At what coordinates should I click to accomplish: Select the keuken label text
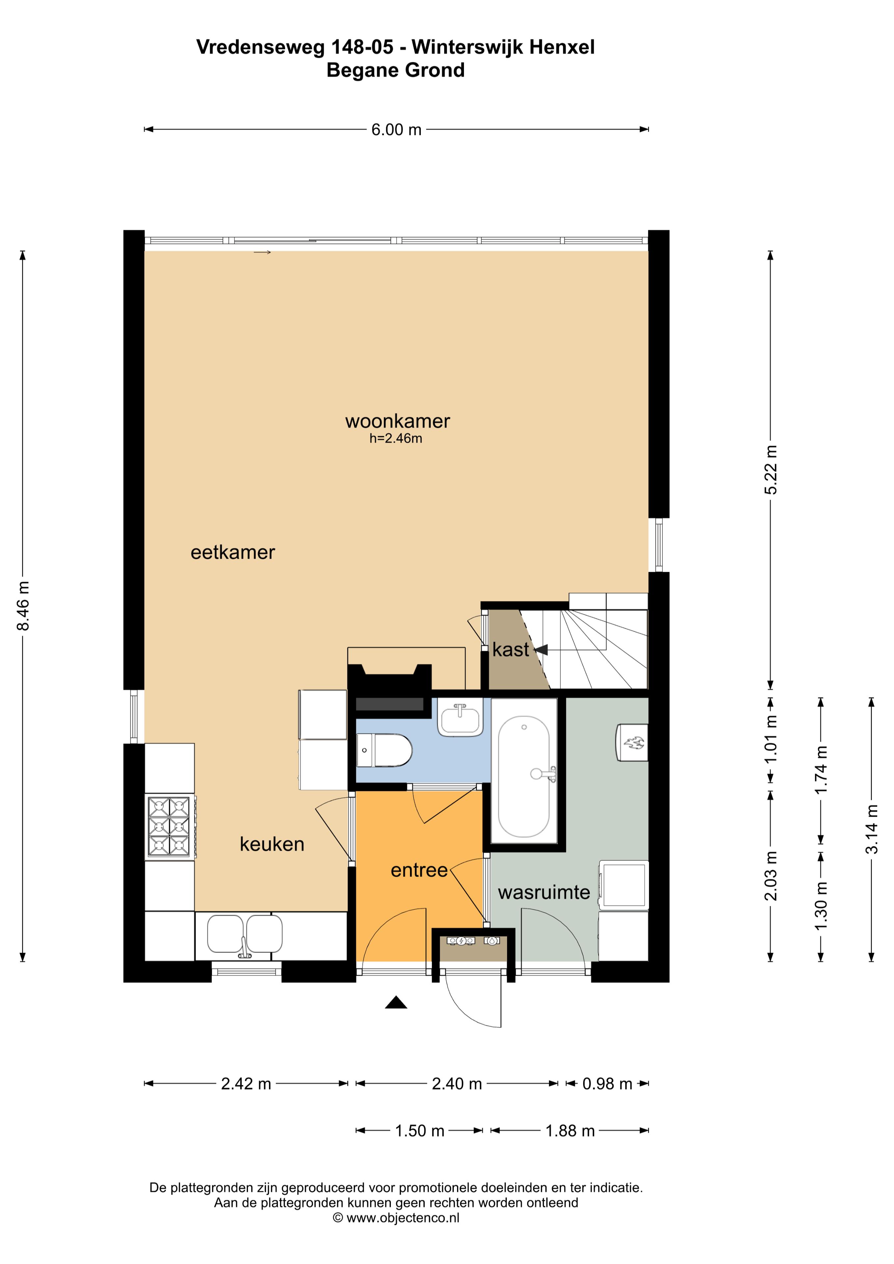[x=272, y=844]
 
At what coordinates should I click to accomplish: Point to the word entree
[x=419, y=870]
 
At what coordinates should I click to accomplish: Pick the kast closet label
[x=511, y=650]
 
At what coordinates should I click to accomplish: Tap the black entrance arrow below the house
[x=396, y=1003]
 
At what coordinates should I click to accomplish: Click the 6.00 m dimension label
[x=396, y=130]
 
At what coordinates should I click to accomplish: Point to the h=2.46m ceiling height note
[x=395, y=439]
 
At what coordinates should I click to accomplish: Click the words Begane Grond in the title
[x=395, y=70]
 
